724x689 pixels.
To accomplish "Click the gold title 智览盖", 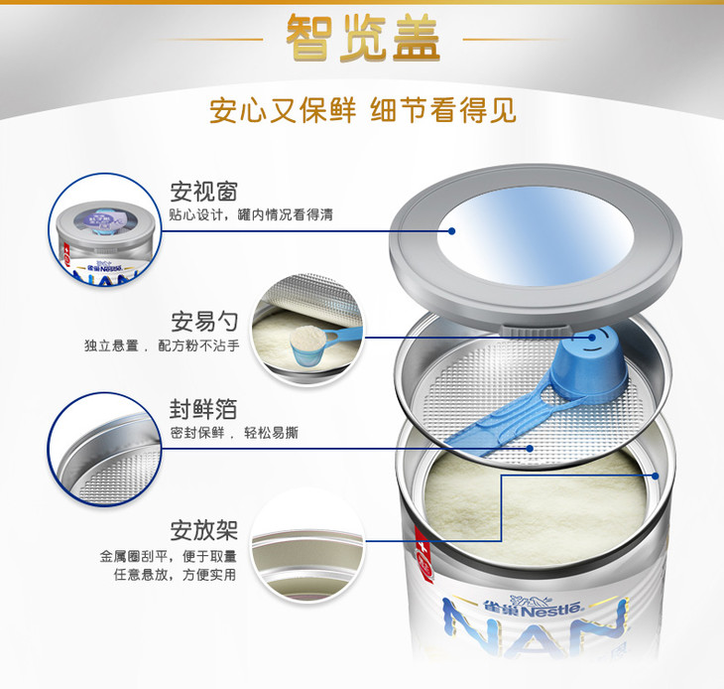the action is [x=362, y=38].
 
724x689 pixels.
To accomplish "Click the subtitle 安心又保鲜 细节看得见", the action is [x=362, y=110].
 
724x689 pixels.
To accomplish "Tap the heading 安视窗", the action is [x=203, y=192].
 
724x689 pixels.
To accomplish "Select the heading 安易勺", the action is [x=204, y=322].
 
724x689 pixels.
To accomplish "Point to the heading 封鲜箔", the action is [x=203, y=409].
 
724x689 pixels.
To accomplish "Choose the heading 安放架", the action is [x=203, y=530].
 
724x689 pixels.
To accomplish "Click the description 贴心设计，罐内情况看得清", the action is [x=251, y=214].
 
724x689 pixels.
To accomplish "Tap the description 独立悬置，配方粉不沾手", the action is [x=162, y=345].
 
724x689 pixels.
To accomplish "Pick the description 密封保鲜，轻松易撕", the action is [x=234, y=433].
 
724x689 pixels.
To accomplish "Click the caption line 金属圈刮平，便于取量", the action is [x=168, y=556].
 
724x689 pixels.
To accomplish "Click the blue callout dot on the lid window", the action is [x=452, y=231].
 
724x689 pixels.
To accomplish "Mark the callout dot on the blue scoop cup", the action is [x=591, y=338].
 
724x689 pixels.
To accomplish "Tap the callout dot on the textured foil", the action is [x=530, y=448].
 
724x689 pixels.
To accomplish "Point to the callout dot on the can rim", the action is [x=655, y=476].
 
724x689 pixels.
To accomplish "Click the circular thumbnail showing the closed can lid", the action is [x=105, y=230].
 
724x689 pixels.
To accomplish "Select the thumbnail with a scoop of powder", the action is [x=308, y=330].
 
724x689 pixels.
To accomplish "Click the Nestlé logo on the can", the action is [x=534, y=607].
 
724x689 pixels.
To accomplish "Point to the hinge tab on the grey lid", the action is [x=535, y=330].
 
